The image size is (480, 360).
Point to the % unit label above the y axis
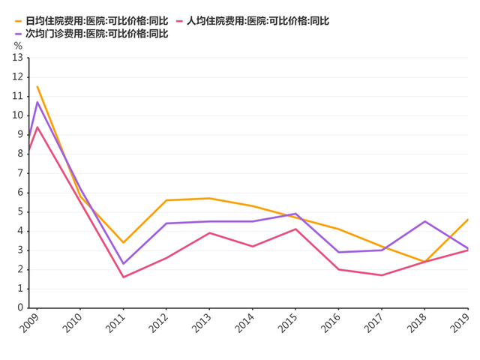[18, 45]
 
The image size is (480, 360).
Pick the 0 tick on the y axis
[21, 307]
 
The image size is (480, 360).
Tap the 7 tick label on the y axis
[21, 173]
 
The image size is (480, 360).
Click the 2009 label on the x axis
[30, 323]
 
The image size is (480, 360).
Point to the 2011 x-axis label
[116, 323]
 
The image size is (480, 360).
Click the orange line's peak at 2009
[37, 86]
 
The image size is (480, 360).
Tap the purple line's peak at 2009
[37, 102]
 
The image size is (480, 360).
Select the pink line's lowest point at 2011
[123, 277]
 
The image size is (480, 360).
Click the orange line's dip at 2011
[123, 242]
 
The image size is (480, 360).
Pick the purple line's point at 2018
[425, 221]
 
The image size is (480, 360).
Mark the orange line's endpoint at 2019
[468, 219]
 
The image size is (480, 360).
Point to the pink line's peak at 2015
[296, 229]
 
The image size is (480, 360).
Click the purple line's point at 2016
[339, 252]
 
